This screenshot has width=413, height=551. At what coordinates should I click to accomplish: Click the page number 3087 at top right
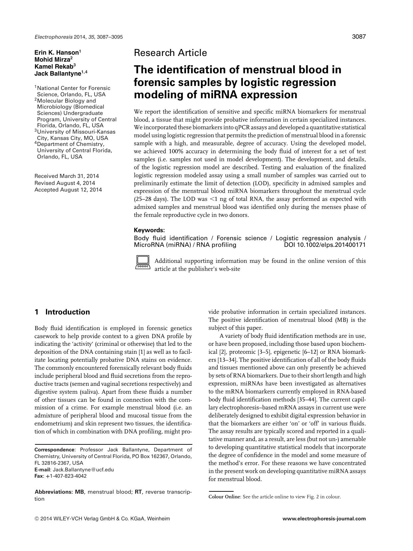359,37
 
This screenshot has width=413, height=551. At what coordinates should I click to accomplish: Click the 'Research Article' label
170,53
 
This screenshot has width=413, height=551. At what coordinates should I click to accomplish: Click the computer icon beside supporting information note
143,263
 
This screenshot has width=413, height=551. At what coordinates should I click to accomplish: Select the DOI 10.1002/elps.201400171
324,245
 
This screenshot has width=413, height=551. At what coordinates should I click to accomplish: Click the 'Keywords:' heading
149,230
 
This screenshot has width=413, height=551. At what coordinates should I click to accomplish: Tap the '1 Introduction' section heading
62,312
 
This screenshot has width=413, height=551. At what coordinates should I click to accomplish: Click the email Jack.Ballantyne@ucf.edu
83,470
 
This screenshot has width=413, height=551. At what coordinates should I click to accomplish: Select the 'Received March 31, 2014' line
67,176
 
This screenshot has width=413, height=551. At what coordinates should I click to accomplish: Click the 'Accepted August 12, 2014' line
68,190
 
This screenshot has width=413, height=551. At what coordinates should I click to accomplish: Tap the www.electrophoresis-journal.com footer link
324,518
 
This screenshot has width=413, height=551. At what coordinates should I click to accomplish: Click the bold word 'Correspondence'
55,450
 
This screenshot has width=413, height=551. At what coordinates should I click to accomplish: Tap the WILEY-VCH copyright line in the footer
102,518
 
